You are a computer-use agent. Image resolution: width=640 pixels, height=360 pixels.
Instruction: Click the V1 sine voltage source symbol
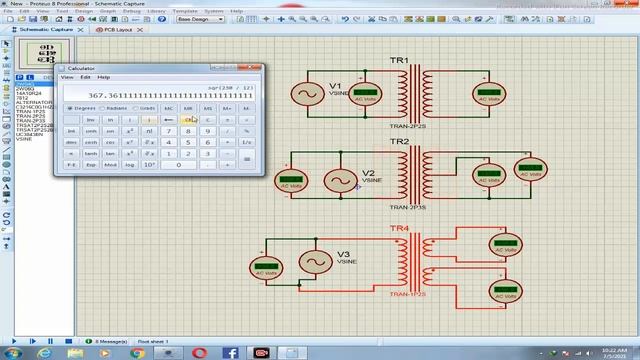304,94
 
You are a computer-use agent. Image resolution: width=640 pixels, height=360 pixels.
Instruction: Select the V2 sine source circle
339,181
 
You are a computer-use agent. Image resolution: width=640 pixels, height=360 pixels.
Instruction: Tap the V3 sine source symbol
317,262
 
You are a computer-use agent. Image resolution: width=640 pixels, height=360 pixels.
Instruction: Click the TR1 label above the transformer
399,61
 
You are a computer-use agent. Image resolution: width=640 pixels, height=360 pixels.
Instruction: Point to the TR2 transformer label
399,142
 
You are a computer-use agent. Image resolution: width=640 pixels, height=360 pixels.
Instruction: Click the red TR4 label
399,229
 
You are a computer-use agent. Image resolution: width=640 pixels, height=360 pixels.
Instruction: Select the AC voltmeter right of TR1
487,94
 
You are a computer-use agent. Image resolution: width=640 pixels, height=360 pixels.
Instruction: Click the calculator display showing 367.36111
160,95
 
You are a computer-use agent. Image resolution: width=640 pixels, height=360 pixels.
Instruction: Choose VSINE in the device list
24,139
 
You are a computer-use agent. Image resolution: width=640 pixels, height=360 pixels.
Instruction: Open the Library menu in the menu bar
156,11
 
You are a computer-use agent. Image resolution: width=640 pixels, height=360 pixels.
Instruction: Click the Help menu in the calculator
104,77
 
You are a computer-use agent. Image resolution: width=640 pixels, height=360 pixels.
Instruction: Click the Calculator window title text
81,68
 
